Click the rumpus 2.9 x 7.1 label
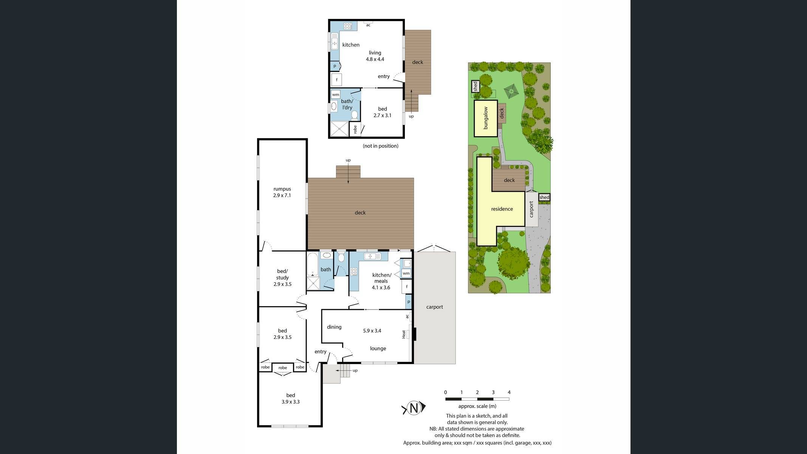[282, 192]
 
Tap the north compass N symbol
[414, 408]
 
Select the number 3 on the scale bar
[493, 392]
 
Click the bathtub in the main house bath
[313, 264]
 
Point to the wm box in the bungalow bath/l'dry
[335, 95]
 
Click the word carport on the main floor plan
[434, 307]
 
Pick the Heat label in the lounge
[404, 334]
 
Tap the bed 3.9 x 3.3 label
[290, 398]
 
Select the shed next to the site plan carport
[544, 197]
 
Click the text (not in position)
[380, 146]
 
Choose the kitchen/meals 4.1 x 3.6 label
[381, 281]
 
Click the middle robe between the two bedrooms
[282, 368]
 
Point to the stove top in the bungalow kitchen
[348, 26]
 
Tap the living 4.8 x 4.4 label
[375, 56]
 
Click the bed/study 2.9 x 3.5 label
[282, 277]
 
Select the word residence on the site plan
[502, 209]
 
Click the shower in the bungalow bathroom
[339, 129]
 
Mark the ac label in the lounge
[407, 316]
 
